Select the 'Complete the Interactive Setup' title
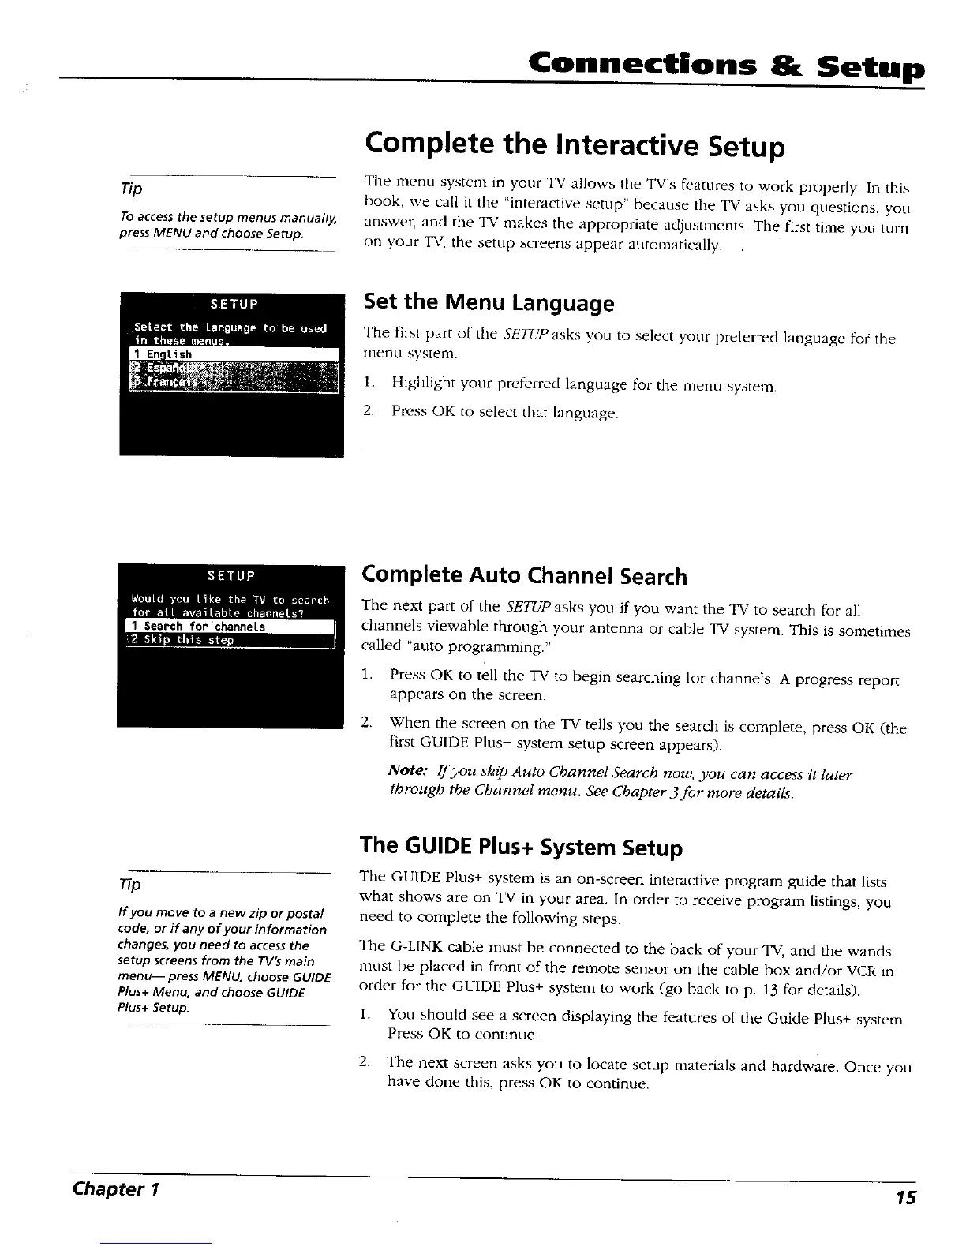click(575, 146)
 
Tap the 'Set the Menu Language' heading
click(488, 302)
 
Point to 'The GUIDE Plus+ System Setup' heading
click(521, 847)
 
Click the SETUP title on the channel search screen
click(229, 574)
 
